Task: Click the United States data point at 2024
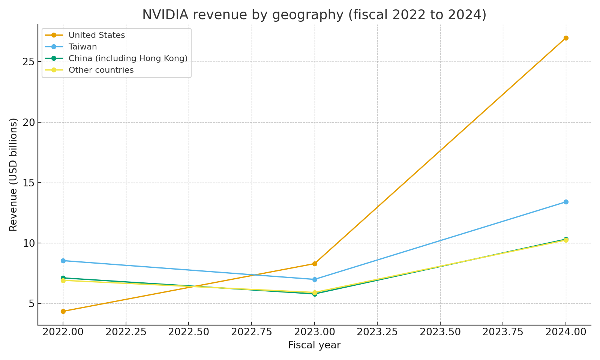(x=566, y=38)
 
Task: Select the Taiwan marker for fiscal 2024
(x=566, y=202)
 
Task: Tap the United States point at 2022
(x=63, y=311)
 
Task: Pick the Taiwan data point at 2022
(x=63, y=261)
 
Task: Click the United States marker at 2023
(x=315, y=264)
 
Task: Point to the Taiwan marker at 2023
(x=315, y=279)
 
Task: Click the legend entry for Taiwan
(x=82, y=47)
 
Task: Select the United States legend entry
(x=96, y=35)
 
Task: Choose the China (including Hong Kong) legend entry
(x=127, y=58)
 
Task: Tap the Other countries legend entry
(x=101, y=70)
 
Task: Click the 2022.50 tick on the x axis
(x=189, y=333)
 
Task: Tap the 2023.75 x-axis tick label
(x=502, y=333)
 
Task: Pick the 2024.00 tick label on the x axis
(x=566, y=333)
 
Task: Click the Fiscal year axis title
(x=314, y=345)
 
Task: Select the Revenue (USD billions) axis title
(x=13, y=174)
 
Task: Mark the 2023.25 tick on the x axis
(x=377, y=333)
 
